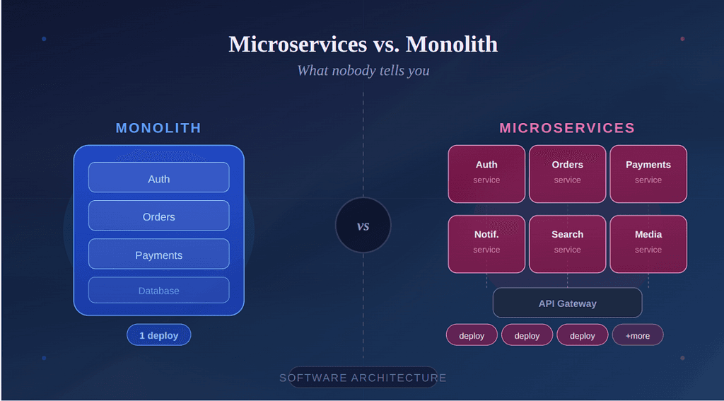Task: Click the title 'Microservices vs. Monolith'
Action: tap(363, 44)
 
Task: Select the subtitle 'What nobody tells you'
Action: tap(363, 71)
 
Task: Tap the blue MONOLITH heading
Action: tap(158, 128)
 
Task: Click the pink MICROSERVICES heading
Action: tap(567, 128)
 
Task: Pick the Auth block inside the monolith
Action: tap(158, 178)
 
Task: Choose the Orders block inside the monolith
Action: tap(158, 216)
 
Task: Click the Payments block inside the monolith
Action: tap(158, 254)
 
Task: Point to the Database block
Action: tap(158, 290)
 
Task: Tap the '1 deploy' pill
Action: tap(158, 335)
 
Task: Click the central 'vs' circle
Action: tap(363, 226)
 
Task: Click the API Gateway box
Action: tap(567, 303)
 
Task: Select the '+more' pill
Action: tap(637, 335)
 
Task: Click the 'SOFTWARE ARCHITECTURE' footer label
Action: tap(363, 378)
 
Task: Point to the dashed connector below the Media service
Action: tap(648, 280)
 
